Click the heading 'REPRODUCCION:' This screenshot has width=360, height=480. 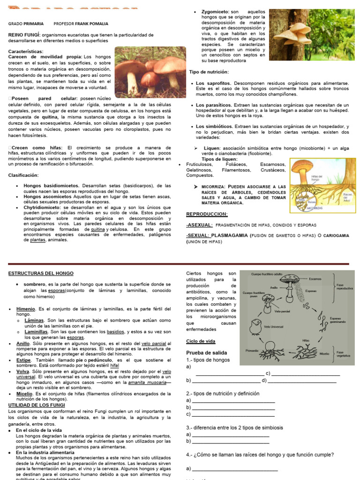pyautogui.click(x=207, y=214)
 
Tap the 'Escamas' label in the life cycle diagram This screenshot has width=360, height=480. pyautogui.click(x=315, y=279)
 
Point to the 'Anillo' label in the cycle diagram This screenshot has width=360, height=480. pyautogui.click(x=275, y=287)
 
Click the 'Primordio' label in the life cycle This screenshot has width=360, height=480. pyautogui.click(x=252, y=350)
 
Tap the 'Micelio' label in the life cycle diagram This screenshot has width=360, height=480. pyautogui.click(x=324, y=354)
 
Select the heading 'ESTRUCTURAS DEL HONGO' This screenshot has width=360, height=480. pyautogui.click(x=41, y=273)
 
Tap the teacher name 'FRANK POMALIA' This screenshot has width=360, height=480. pyautogui.click(x=92, y=23)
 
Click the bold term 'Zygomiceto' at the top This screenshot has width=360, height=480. pyautogui.click(x=215, y=11)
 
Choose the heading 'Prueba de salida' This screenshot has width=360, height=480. pyautogui.click(x=207, y=352)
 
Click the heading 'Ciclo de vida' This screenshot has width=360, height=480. pyautogui.click(x=201, y=341)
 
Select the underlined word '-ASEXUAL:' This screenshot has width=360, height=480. pyautogui.click(x=200, y=225)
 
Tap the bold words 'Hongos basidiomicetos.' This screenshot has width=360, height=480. pyautogui.click(x=51, y=186)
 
